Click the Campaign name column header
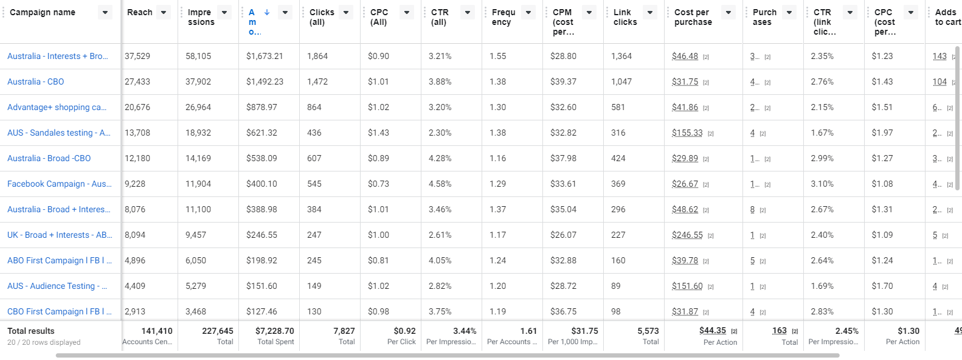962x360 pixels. [x=43, y=12]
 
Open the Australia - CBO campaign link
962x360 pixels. [x=35, y=81]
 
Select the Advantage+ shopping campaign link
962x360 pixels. [x=57, y=107]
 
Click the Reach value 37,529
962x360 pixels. [x=137, y=56]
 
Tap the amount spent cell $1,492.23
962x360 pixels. [x=265, y=81]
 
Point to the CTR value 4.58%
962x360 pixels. [x=440, y=184]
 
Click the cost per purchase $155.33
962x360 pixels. [x=687, y=133]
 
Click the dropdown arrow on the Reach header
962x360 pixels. [x=164, y=12]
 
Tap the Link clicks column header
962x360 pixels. [x=625, y=17]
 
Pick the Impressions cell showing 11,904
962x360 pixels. [x=198, y=184]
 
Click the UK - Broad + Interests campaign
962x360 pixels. [x=60, y=235]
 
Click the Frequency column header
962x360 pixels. [x=503, y=17]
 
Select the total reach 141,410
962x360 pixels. [x=157, y=331]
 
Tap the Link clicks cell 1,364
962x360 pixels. [x=621, y=56]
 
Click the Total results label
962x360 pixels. [x=31, y=331]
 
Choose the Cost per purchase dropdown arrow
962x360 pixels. [x=728, y=12]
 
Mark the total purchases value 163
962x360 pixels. [x=779, y=331]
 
